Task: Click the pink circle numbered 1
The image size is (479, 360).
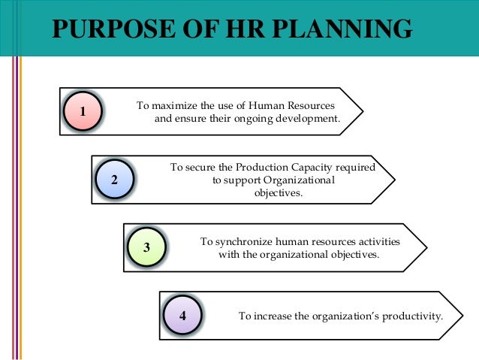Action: pos(83,113)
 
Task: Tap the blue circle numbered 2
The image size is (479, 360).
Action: pos(114,180)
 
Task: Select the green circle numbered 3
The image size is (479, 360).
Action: pos(146,247)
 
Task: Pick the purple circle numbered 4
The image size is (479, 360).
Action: pos(182,314)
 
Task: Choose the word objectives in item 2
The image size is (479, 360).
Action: pos(278,193)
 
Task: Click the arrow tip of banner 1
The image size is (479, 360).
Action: pos(363,111)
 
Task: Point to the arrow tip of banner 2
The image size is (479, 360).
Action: pos(395,179)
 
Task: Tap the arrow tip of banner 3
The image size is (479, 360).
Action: pos(426,246)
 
